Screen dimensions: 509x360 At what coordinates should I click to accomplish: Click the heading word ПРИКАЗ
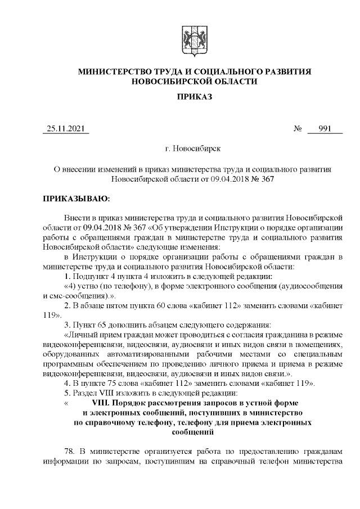[194, 97]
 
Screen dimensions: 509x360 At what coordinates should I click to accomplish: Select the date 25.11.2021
[65, 129]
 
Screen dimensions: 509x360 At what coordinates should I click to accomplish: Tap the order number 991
[325, 129]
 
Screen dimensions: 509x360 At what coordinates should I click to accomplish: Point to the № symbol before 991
[298, 129]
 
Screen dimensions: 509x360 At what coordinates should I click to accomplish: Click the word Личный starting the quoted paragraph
[81, 336]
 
